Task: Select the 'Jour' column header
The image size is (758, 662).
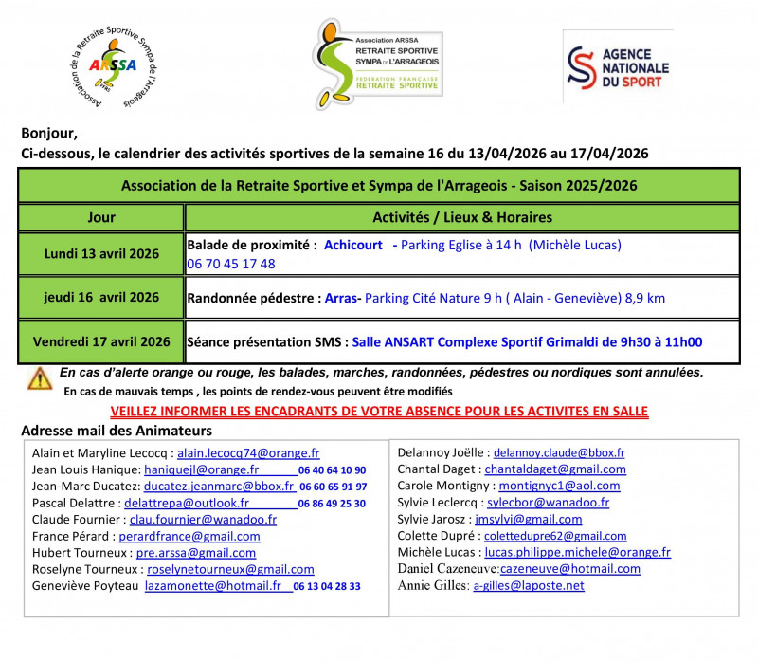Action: tap(101, 217)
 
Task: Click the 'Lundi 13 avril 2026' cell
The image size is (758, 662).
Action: tap(101, 254)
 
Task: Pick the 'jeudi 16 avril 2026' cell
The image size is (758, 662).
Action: tap(101, 298)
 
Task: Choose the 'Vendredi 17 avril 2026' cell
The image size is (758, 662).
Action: tap(101, 341)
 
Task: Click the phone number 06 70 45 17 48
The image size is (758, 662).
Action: tap(231, 264)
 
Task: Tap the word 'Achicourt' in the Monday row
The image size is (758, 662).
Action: tap(353, 245)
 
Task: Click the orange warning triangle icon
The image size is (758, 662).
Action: tap(40, 378)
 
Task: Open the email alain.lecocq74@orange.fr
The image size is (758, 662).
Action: tap(248, 453)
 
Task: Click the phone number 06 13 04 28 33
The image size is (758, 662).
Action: tap(327, 587)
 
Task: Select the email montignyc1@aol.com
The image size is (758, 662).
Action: tap(559, 486)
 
